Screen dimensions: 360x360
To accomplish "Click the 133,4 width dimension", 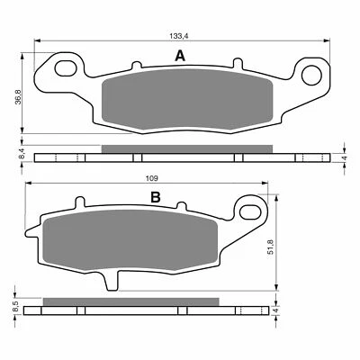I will pyautogui.click(x=179, y=34).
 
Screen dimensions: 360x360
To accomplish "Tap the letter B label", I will pyautogui.click(x=156, y=197).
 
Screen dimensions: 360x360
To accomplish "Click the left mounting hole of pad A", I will pyautogui.click(x=65, y=69).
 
